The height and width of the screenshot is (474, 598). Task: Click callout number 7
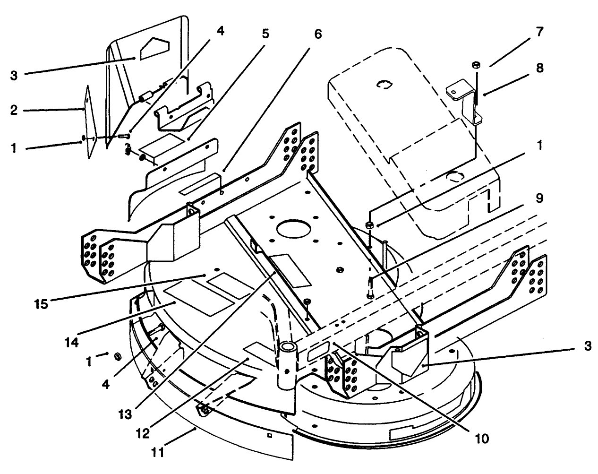pos(539,32)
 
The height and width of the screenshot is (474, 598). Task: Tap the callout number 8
pos(539,68)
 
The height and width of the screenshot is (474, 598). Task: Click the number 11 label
pos(158,452)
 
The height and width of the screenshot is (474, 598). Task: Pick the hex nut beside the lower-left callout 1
pos(118,355)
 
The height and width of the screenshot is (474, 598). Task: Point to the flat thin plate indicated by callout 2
pos(90,123)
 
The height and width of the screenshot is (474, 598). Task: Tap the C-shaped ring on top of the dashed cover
pos(384,85)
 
